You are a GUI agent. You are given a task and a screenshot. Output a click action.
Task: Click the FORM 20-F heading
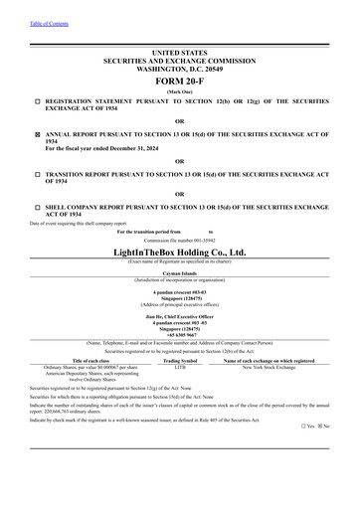[179, 81]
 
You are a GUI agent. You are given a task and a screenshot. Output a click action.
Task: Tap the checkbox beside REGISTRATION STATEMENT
[36, 100]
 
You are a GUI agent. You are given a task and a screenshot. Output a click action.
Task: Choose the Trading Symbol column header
[180, 360]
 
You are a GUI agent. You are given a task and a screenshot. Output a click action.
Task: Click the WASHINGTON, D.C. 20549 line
[179, 66]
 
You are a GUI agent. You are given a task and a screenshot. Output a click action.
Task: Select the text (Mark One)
[179, 90]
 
